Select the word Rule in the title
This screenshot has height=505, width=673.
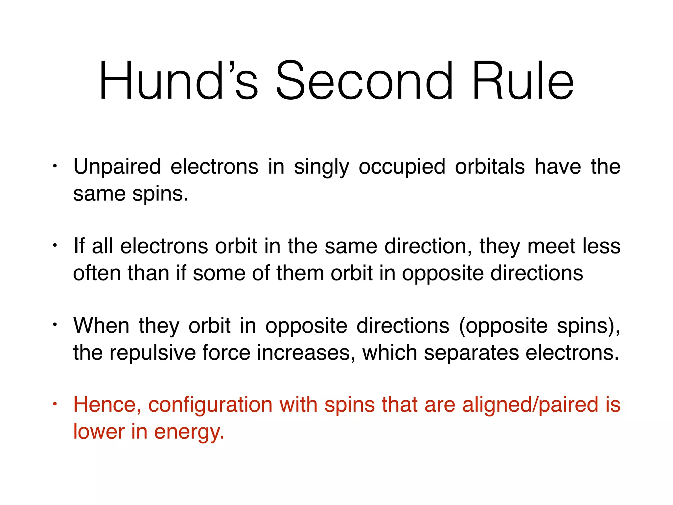[x=522, y=81]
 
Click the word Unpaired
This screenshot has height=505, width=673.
[x=117, y=167]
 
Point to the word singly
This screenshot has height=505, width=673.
[x=321, y=167]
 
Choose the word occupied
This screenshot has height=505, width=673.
[x=402, y=167]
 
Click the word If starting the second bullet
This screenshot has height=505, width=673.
[x=79, y=246]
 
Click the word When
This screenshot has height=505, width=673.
[x=101, y=325]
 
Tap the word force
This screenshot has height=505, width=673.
[x=226, y=353]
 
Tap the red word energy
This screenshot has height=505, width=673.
[x=189, y=432]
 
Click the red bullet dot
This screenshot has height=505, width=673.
[x=55, y=403]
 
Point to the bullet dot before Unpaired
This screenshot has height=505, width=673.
[x=55, y=166]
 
